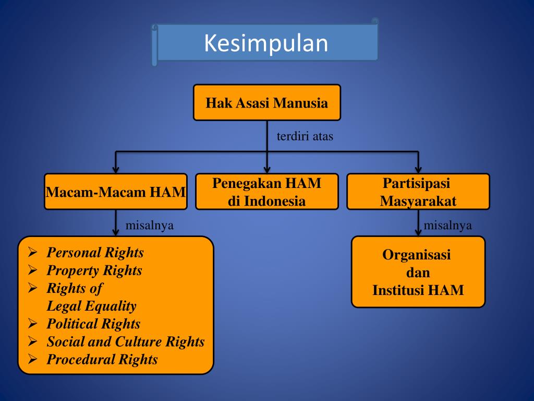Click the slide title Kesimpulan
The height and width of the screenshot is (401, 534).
[266, 43]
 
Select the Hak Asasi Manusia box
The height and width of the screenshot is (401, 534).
[266, 103]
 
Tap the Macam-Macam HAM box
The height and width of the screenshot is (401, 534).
[115, 192]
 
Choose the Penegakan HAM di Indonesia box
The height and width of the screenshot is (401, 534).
[266, 192]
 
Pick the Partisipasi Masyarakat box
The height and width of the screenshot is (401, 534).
[418, 192]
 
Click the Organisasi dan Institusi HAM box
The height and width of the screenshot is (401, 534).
[418, 272]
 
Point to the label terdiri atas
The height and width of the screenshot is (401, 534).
[305, 137]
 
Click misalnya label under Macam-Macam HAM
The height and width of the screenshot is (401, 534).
[150, 226]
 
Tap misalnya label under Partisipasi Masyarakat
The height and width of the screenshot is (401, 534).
[447, 226]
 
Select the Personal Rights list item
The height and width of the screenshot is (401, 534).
[95, 253]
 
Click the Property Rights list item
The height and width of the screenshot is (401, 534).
[94, 270]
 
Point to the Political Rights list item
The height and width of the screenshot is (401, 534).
[93, 324]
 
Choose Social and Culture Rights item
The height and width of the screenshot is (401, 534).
[125, 341]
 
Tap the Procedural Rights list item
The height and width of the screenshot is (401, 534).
[102, 359]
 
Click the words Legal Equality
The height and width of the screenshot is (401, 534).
[91, 306]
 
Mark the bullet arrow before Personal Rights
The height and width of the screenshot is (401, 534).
[32, 253]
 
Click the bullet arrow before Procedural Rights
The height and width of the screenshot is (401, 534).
[32, 359]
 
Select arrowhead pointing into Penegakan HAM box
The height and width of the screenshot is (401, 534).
[266, 169]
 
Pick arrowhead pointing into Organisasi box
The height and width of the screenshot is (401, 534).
[418, 232]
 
